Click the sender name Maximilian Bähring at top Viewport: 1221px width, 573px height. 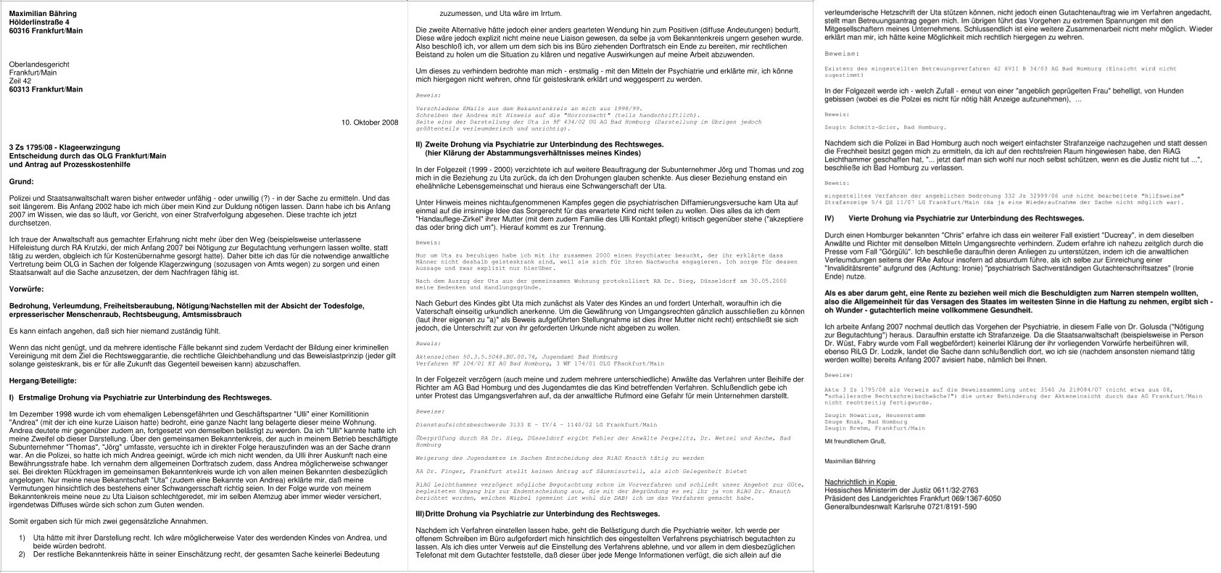42,14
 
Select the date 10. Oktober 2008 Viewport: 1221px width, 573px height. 370,122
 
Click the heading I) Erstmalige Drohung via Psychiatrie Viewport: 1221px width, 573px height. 140,397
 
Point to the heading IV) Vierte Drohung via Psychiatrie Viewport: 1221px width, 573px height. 955,218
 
